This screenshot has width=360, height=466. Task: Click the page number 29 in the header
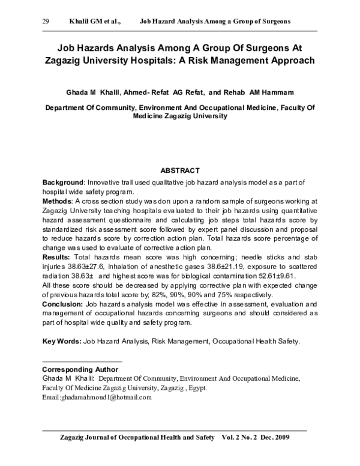point(46,21)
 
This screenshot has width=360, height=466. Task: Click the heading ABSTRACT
point(181,171)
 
